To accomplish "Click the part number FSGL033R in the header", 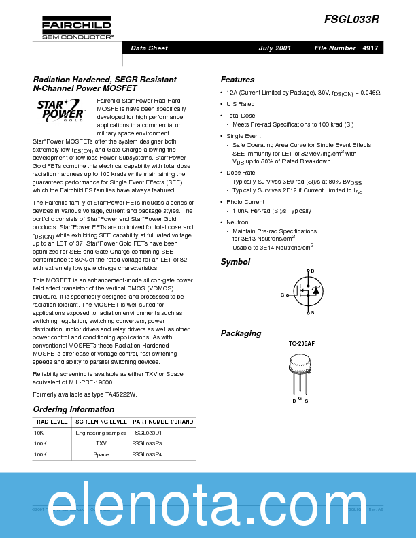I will pyautogui.click(x=351, y=21).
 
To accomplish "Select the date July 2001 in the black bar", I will pyautogui.click(x=275, y=48).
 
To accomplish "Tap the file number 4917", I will pyautogui.click(x=370, y=48).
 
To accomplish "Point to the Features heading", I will pyautogui.click(x=237, y=80).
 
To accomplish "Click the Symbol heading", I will pyautogui.click(x=235, y=262).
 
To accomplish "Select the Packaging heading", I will pyautogui.click(x=241, y=333).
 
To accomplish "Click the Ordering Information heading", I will pyautogui.click(x=73, y=409).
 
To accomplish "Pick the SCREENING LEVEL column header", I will pyautogui.click(x=101, y=422).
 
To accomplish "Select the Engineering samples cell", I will pyautogui.click(x=101, y=433).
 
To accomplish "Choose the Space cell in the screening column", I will pyautogui.click(x=101, y=454).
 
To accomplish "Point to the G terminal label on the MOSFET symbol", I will pyautogui.click(x=282, y=295).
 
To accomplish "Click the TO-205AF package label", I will pyautogui.click(x=301, y=344).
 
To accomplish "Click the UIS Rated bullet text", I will pyautogui.click(x=241, y=104).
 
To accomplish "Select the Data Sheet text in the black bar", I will pyautogui.click(x=149, y=48).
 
